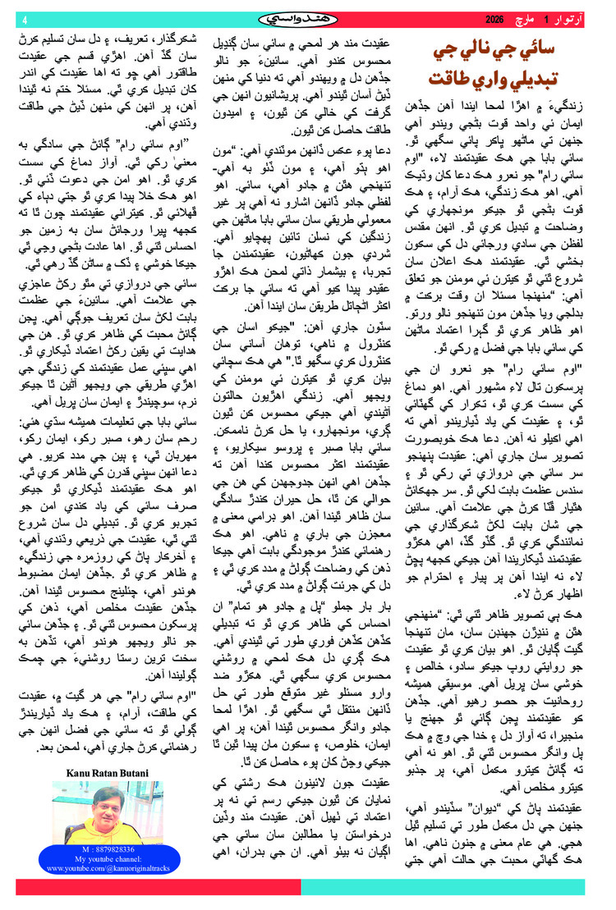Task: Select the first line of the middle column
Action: [308, 39]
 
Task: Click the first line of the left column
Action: [109, 39]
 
